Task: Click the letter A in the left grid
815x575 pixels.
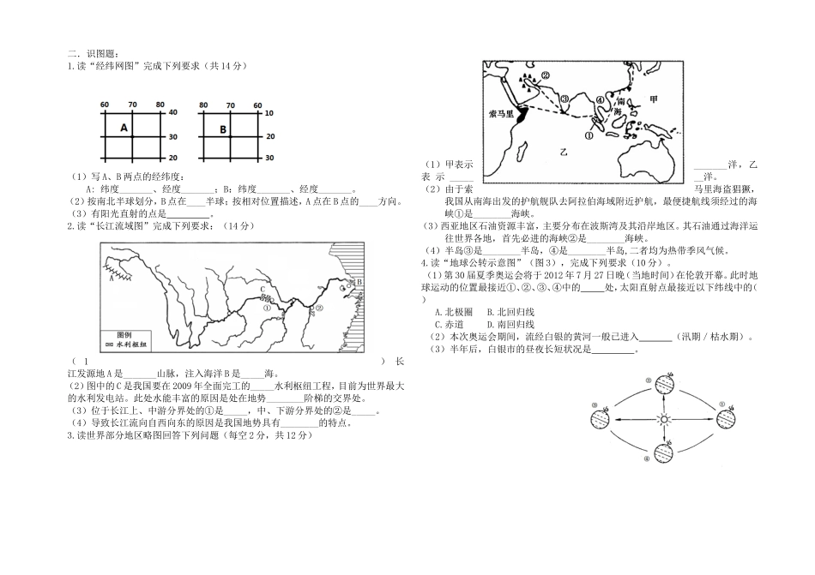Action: [x=124, y=128]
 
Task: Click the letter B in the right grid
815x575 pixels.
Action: [x=222, y=129]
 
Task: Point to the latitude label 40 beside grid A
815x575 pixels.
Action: [x=172, y=113]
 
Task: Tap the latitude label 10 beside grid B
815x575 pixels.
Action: [x=269, y=113]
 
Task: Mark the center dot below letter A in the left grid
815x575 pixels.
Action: [x=132, y=136]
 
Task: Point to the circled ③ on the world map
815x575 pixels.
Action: [x=564, y=99]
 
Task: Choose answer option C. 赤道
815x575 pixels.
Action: [x=449, y=325]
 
